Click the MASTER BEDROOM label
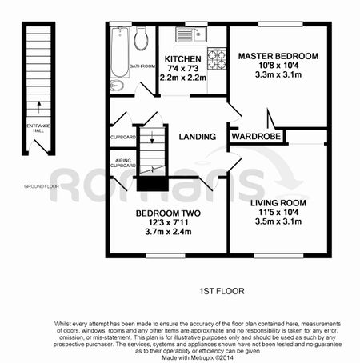[278, 56]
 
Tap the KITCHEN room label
[182, 59]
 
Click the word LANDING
[198, 137]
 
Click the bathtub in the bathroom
[120, 53]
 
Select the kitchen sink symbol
[192, 34]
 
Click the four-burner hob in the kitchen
[217, 58]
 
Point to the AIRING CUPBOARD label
[122, 163]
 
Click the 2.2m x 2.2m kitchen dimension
[182, 78]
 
